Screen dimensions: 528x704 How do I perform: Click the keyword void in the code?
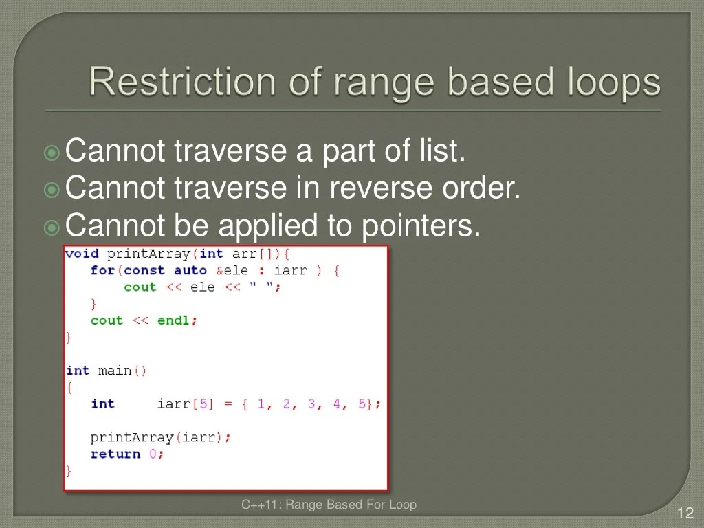[82, 254]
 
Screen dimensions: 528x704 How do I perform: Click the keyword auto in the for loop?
[190, 270]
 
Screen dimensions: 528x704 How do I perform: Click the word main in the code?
[115, 371]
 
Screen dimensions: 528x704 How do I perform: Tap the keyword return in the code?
[115, 454]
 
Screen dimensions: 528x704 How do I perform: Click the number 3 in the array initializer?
[311, 404]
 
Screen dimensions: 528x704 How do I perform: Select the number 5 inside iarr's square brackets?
[203, 404]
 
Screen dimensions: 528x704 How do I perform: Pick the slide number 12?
[684, 513]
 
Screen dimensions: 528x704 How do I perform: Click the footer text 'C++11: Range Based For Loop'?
[329, 505]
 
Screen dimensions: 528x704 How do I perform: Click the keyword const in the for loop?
[144, 270]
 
